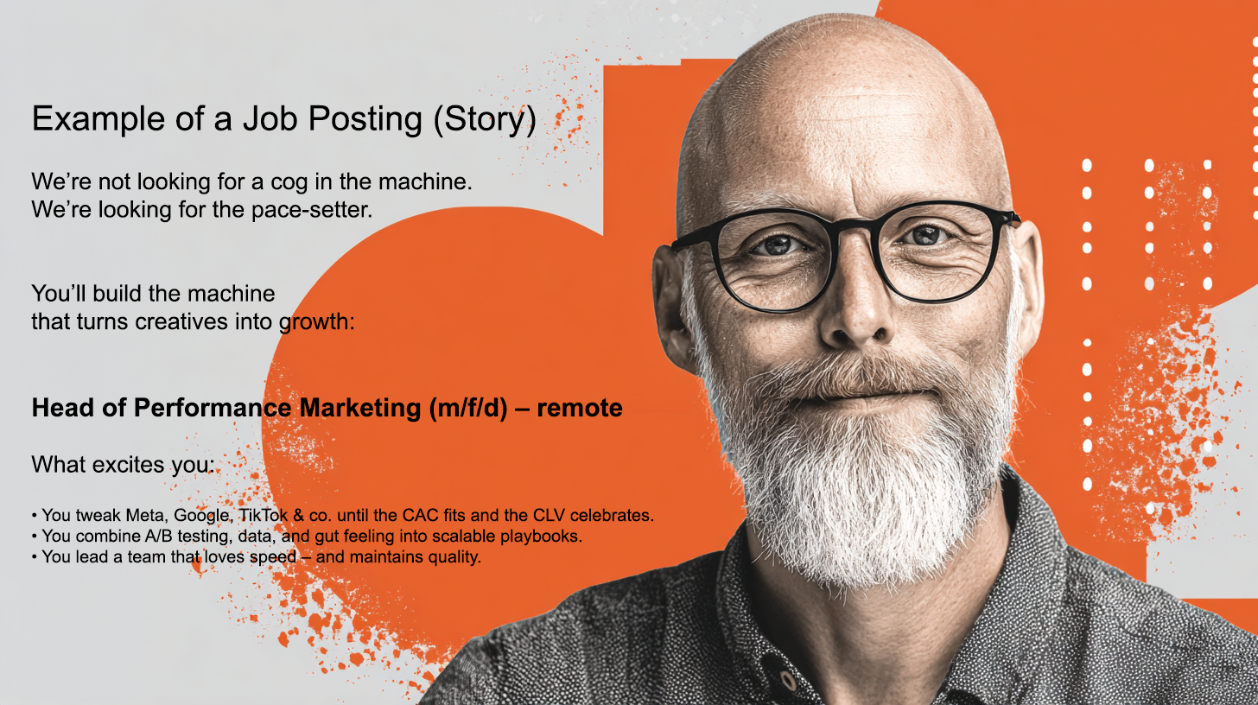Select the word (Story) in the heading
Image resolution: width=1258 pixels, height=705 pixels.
tap(485, 119)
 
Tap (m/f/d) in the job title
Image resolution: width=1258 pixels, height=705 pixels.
tap(468, 408)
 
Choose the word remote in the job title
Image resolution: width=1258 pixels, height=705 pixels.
tap(580, 409)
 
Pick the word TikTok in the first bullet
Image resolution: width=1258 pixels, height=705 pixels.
tap(264, 515)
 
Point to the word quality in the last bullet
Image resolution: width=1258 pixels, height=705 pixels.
tap(454, 557)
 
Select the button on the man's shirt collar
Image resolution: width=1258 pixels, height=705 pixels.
tap(787, 682)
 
